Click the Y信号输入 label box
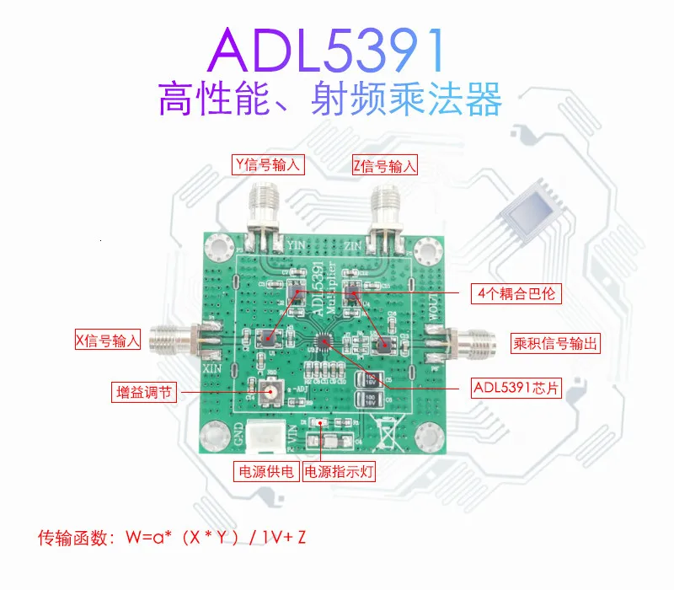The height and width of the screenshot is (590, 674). [268, 164]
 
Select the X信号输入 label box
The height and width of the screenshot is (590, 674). [106, 341]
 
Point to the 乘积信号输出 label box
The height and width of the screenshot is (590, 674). [556, 343]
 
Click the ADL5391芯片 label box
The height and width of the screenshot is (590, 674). [514, 389]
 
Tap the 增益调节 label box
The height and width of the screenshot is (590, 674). [144, 393]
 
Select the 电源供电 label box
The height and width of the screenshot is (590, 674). [265, 471]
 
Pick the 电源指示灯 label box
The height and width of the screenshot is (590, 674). [339, 471]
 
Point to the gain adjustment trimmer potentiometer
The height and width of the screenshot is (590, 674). [272, 391]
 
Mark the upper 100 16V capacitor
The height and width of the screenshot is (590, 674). [369, 380]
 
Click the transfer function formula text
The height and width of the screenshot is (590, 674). [177, 536]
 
